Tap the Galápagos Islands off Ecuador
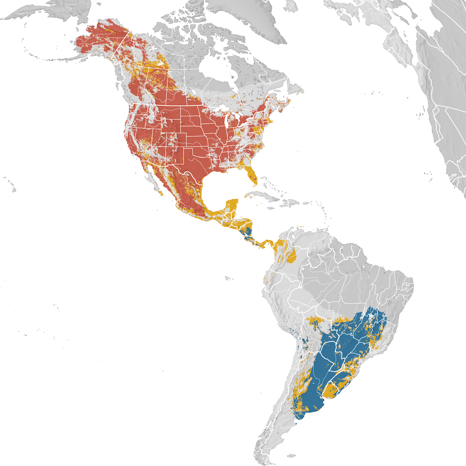click(x=229, y=278)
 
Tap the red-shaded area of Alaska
click(x=101, y=39)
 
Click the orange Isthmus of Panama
click(x=268, y=244)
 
